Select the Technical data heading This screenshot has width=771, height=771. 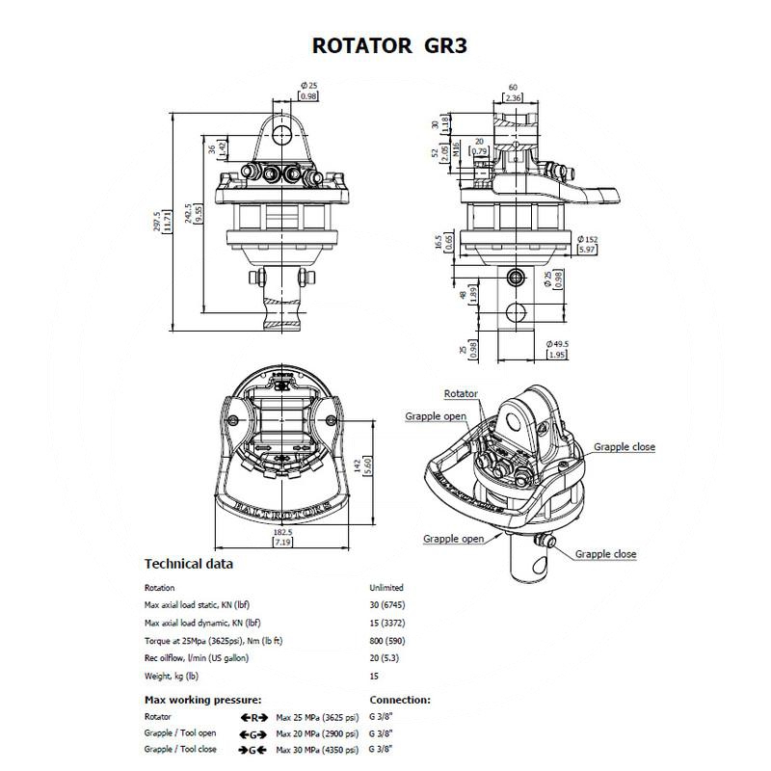[188, 564]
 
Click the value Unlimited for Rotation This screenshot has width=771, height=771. [386, 587]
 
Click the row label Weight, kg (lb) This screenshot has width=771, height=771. [172, 675]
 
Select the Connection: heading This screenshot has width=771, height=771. [400, 700]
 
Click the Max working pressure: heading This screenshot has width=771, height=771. [203, 700]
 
